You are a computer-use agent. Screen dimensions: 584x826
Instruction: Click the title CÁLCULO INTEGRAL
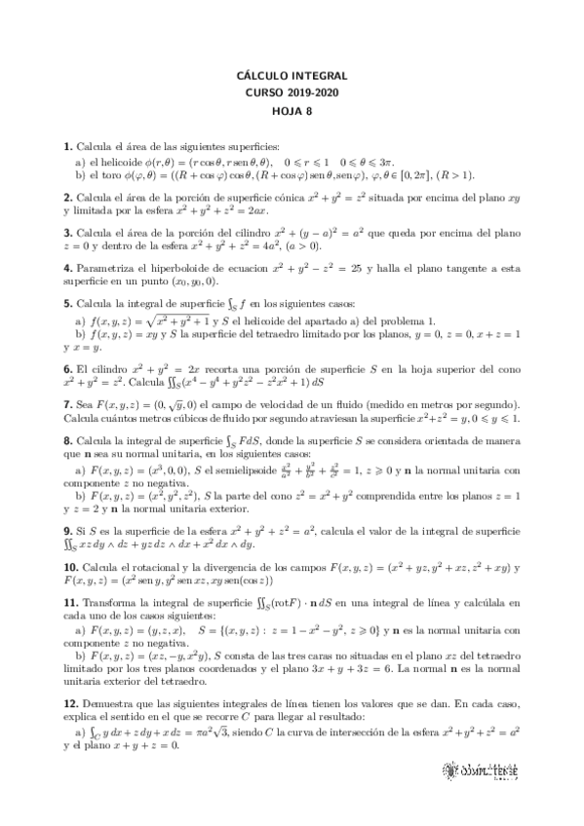click(x=292, y=75)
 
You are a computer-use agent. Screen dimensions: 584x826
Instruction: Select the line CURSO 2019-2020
click(x=292, y=93)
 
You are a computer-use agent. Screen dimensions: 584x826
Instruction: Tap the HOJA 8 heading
click(x=292, y=110)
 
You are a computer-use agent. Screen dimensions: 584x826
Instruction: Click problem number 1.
click(x=66, y=145)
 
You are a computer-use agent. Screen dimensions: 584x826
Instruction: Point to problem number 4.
click(x=66, y=268)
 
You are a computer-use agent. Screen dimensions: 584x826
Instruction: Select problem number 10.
click(x=70, y=568)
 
